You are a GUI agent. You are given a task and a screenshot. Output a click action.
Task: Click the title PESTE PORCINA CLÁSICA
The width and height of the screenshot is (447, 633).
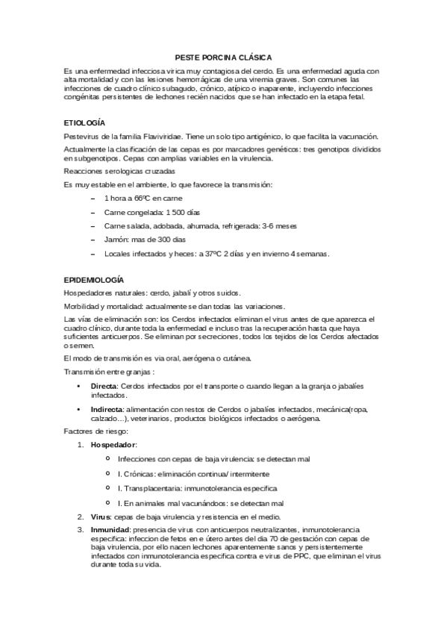[x=223, y=57]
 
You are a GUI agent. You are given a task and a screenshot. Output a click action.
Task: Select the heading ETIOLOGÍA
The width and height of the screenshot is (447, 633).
[x=84, y=122]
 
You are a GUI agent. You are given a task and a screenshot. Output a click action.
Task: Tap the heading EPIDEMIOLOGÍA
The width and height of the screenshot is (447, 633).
[x=93, y=278]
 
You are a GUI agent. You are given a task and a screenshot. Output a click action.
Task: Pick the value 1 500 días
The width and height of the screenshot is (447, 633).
[x=163, y=213]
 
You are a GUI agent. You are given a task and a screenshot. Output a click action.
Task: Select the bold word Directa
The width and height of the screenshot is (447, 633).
[x=103, y=386]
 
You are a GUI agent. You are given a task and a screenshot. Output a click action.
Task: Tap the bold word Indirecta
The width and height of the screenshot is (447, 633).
[x=107, y=410]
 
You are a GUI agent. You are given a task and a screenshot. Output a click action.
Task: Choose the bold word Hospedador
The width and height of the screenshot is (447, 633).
[x=113, y=445]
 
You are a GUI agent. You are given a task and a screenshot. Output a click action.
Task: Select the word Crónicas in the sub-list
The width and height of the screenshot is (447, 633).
[x=140, y=474]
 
